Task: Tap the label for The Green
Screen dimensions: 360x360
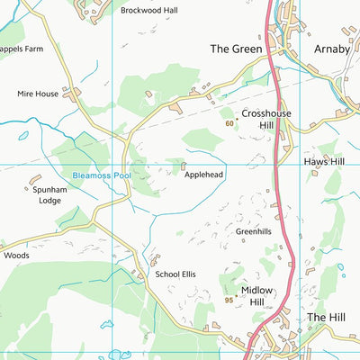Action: click(236, 49)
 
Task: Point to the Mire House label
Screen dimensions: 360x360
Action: click(37, 93)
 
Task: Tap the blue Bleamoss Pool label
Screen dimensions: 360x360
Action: click(102, 175)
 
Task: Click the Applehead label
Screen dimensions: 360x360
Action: click(203, 175)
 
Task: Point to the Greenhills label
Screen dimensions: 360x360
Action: click(253, 231)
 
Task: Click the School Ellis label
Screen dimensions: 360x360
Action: click(175, 274)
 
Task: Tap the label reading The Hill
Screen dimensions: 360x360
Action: click(326, 318)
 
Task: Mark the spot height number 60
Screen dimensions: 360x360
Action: click(229, 123)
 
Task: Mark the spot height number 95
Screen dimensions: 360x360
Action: click(229, 300)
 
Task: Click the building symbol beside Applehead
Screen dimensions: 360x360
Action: click(184, 166)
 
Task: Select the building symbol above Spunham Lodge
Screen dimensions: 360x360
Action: click(36, 181)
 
